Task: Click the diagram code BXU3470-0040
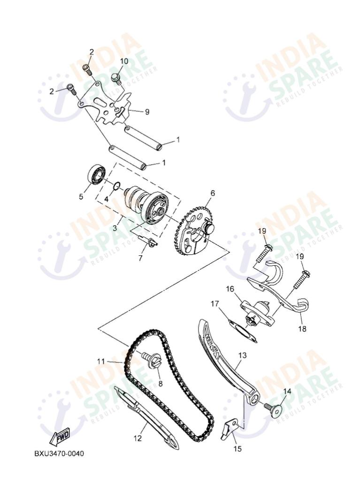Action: pyautogui.click(x=60, y=453)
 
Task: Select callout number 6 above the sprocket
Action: pyautogui.click(x=212, y=193)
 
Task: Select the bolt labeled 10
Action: pyautogui.click(x=116, y=77)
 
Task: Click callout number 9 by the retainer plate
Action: pyautogui.click(x=146, y=112)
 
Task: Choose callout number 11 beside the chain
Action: pyautogui.click(x=101, y=361)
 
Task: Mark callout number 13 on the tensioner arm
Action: pyautogui.click(x=242, y=355)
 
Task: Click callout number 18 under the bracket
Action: pyautogui.click(x=302, y=329)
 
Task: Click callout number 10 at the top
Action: pyautogui.click(x=124, y=61)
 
